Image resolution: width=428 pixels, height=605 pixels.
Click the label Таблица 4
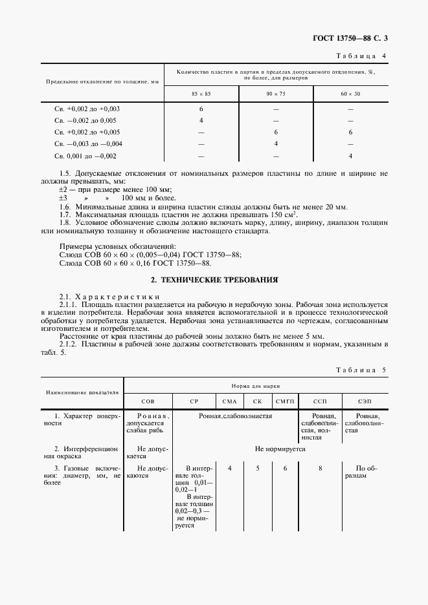pyautogui.click(x=361, y=56)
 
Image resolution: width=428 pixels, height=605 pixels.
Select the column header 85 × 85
pyautogui.click(x=201, y=94)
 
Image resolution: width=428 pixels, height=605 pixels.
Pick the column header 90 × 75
pyautogui.click(x=276, y=94)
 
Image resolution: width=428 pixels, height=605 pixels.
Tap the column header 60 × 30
pyautogui.click(x=350, y=94)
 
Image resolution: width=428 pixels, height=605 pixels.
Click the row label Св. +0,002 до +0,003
pyautogui.click(x=87, y=109)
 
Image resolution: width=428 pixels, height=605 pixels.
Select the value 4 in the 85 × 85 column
pyautogui.click(x=201, y=120)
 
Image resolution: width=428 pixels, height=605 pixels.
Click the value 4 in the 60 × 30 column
pyautogui.click(x=350, y=156)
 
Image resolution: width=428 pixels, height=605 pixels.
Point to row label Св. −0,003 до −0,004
pyautogui.click(x=88, y=143)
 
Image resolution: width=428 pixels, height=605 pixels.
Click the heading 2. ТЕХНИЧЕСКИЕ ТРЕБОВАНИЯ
pyautogui.click(x=214, y=280)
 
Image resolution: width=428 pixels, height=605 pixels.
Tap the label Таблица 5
pyautogui.click(x=361, y=370)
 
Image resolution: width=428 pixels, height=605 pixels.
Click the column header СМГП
pyautogui.click(x=285, y=401)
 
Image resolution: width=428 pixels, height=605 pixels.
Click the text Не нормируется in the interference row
pyautogui.click(x=280, y=448)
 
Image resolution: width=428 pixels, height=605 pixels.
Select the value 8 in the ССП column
pyautogui.click(x=320, y=467)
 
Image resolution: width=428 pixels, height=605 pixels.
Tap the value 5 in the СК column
pyautogui.click(x=257, y=467)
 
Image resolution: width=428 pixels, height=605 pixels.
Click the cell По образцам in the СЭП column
pyautogui.click(x=366, y=471)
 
